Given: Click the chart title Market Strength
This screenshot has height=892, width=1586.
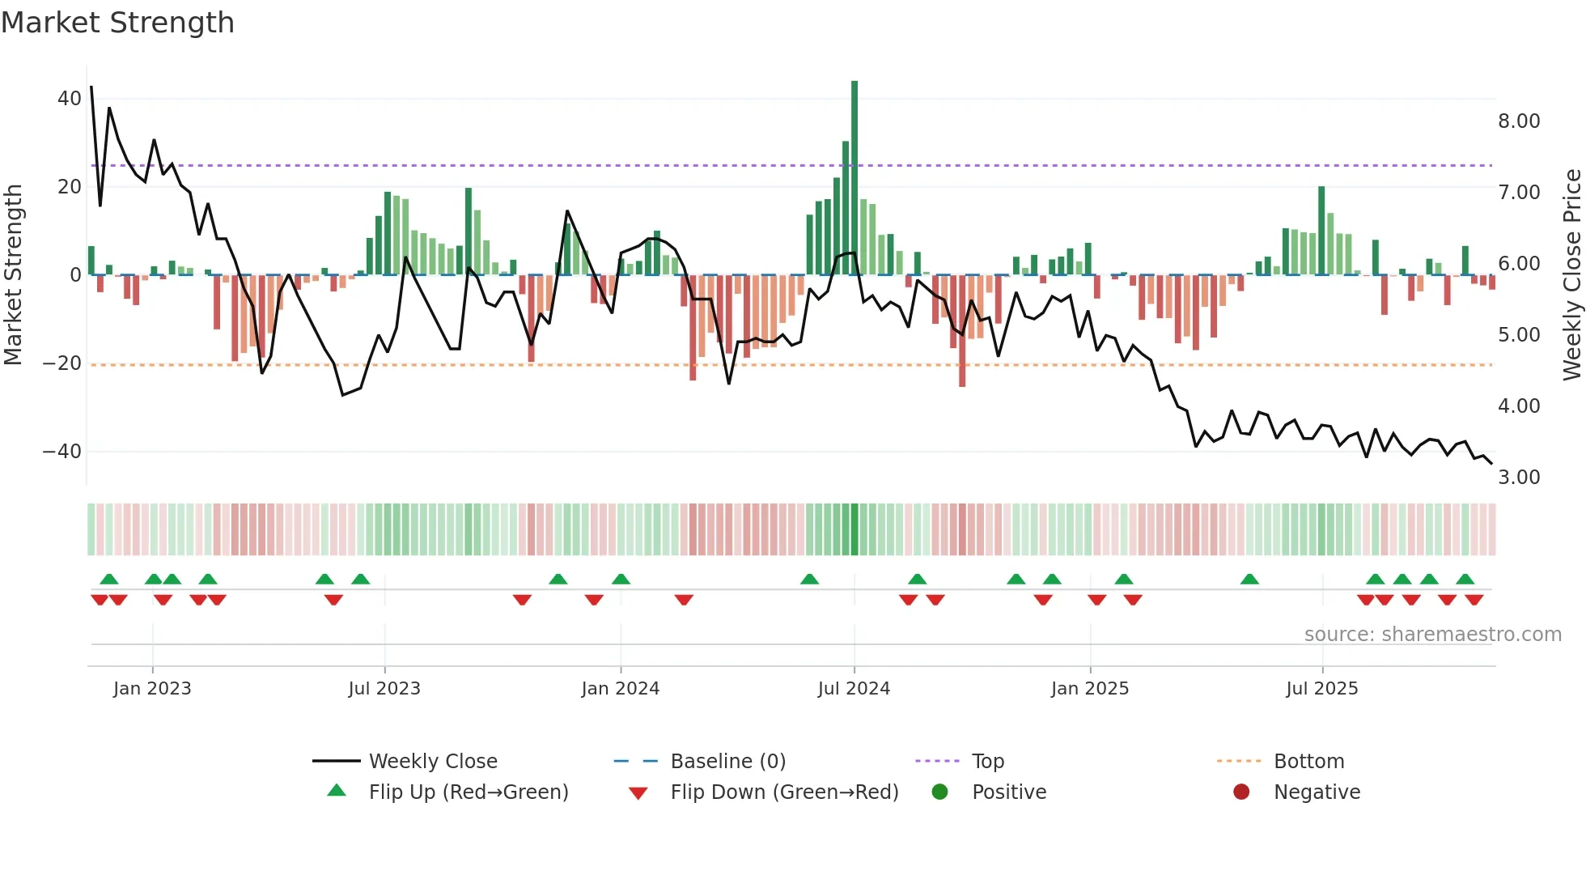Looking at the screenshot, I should click(x=117, y=23).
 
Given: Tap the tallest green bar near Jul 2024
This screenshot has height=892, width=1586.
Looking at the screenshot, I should click(x=854, y=178).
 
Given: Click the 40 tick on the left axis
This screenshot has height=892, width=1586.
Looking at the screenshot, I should click(x=70, y=99).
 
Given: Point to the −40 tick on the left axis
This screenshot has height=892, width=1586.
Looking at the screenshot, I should click(x=62, y=452).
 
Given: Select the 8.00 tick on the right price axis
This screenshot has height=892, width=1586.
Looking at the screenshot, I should click(x=1519, y=121).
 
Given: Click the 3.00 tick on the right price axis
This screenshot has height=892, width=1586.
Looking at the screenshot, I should click(x=1519, y=478).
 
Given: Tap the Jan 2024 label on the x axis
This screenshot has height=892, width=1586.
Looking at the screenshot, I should click(x=621, y=689).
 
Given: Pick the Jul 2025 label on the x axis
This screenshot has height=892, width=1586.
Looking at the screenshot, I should click(x=1322, y=689).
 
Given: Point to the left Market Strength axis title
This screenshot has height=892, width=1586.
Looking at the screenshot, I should click(x=14, y=275).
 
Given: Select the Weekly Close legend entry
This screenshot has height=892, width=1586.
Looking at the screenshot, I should click(x=433, y=762).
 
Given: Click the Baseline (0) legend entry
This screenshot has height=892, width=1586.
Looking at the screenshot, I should click(x=727, y=762).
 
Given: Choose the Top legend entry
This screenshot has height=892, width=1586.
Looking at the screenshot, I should click(x=987, y=762).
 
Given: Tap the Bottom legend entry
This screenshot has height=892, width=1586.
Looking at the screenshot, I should click(x=1308, y=762).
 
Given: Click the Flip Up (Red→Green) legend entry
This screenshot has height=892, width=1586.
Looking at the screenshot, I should click(x=469, y=792).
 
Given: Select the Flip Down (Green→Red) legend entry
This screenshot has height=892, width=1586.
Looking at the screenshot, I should click(x=784, y=792).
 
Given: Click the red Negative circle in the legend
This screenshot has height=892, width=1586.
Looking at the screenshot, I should click(x=1241, y=792).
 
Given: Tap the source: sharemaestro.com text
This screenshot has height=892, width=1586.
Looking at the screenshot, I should click(x=1432, y=635).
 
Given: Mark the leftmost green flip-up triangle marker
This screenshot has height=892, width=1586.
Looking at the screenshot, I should click(x=109, y=580).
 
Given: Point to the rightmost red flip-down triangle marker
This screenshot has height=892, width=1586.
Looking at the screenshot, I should click(x=1474, y=600).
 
